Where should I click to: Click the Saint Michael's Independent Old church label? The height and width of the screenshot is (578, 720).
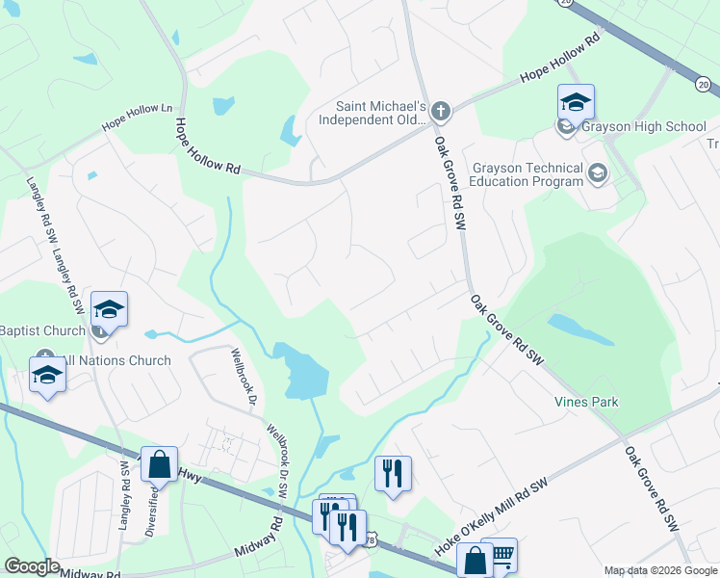point(379,113)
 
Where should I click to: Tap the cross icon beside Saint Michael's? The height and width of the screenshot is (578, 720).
point(441,111)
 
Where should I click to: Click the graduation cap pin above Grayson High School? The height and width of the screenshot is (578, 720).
point(576,102)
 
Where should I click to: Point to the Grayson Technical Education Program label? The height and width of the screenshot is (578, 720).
point(527,173)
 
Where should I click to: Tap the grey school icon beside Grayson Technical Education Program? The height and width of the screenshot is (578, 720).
point(598,173)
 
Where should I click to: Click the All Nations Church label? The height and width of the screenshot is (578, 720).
point(113,360)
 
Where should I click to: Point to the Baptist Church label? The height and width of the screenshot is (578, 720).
point(42,329)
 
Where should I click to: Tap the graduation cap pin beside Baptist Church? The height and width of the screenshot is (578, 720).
point(109,308)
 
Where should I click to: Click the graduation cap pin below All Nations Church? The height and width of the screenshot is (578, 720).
point(47,375)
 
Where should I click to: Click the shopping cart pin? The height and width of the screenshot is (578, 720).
point(501,554)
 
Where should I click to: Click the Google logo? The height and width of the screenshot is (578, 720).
point(33,566)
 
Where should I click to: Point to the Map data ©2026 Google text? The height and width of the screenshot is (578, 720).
point(659,570)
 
